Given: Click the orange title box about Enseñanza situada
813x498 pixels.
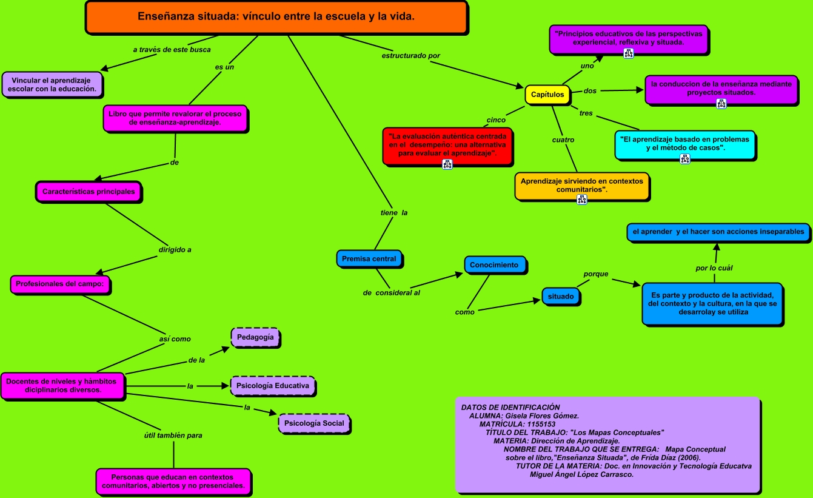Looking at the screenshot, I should (x=276, y=17).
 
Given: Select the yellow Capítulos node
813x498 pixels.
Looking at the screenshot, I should (x=547, y=95).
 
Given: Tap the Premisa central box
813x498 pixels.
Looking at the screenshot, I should (x=369, y=259).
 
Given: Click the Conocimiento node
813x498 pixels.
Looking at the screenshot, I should (x=494, y=265).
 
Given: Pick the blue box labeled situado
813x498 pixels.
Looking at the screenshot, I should (x=560, y=297).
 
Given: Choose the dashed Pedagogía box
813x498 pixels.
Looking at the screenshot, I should (x=255, y=337).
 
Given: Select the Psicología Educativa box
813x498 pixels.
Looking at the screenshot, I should (x=273, y=386).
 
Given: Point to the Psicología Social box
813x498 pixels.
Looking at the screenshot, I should (x=314, y=423).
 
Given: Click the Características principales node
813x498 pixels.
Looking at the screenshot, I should (x=89, y=192).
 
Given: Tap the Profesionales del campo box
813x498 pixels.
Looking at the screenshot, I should (x=60, y=284).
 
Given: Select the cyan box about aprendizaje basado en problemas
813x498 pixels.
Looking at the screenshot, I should (x=684, y=144).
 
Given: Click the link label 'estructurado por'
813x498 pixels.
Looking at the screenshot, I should (x=410, y=56).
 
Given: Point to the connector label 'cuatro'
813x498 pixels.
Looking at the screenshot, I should (x=563, y=140).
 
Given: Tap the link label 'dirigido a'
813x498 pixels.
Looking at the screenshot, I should (x=175, y=249).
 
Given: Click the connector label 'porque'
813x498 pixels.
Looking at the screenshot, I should (x=595, y=274).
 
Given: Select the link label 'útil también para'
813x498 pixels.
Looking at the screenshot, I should (x=173, y=435).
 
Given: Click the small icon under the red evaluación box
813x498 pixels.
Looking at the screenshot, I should (x=447, y=164).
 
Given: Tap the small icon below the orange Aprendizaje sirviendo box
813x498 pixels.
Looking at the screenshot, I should (x=581, y=200).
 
